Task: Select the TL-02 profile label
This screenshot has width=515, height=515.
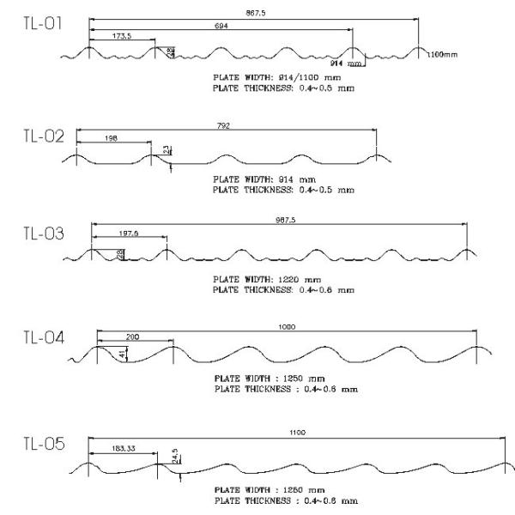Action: point(42,136)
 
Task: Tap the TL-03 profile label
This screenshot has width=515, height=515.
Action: point(43,233)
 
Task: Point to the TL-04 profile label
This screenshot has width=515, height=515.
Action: point(43,336)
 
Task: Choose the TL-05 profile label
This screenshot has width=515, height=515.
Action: point(42,445)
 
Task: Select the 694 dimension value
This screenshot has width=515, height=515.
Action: point(221,26)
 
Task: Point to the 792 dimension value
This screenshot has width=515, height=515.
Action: point(225,125)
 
